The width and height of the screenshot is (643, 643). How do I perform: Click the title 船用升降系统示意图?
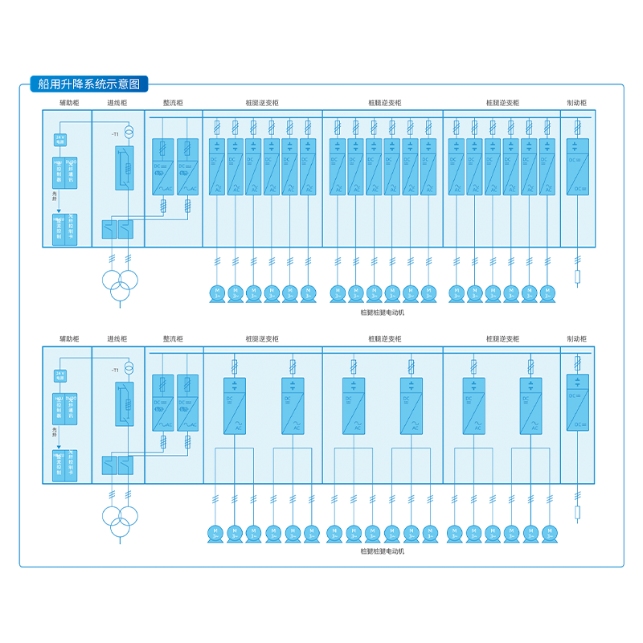(88, 83)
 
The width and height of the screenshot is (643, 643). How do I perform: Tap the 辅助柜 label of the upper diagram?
(69, 103)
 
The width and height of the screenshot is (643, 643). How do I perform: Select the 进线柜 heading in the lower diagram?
(117, 340)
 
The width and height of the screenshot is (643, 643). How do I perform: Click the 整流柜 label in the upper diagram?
(173, 103)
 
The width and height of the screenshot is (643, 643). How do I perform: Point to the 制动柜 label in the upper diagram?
(576, 103)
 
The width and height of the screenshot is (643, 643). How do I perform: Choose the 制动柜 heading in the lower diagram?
(576, 340)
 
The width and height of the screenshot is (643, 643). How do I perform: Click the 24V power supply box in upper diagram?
(59, 140)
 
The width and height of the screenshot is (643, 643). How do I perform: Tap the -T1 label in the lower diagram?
(115, 370)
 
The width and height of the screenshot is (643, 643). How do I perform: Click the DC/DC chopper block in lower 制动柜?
(577, 402)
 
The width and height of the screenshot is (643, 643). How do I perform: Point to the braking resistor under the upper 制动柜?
(577, 278)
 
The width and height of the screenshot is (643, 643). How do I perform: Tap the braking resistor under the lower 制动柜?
(577, 514)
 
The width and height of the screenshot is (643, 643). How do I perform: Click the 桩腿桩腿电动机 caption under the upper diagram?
(383, 312)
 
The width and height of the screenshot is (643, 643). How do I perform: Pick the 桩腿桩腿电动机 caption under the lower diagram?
(383, 551)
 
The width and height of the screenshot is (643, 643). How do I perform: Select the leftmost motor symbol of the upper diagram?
(215, 293)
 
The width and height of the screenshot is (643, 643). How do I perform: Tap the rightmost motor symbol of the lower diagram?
(549, 533)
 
